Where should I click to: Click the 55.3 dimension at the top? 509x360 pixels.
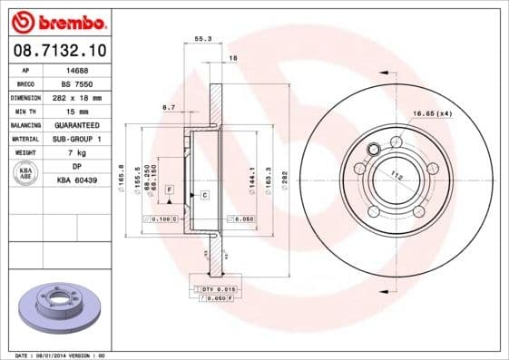coord(203,40)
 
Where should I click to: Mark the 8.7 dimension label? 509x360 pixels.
coord(168,108)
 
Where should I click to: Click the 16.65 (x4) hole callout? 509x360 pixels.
coord(432,113)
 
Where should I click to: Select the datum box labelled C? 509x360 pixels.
coord(204,195)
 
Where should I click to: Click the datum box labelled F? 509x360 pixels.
coord(169,187)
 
